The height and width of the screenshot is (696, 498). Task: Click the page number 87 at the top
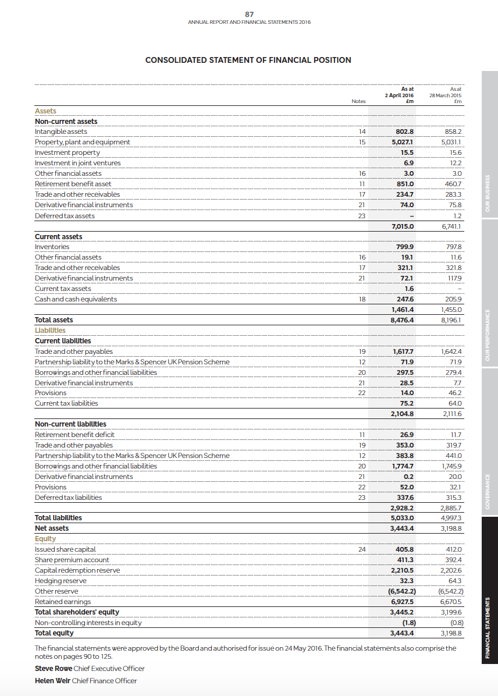pos(249,14)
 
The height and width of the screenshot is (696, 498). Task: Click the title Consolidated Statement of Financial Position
pos(248,60)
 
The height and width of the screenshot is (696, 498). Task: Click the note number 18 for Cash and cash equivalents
pos(361,299)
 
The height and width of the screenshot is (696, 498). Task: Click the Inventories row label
pos(52,247)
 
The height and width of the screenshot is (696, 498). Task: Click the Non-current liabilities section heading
pos(70,424)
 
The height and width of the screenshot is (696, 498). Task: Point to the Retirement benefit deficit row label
pos(74,435)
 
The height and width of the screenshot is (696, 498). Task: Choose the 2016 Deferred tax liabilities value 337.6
pos(404,498)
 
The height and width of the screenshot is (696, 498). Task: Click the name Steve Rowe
pos(54,669)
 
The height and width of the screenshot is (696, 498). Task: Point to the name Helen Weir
pos(53,681)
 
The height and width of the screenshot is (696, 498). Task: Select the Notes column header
pos(359,101)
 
